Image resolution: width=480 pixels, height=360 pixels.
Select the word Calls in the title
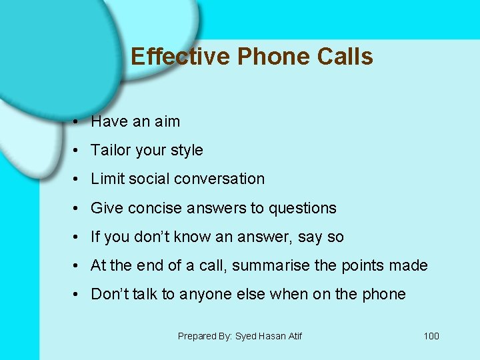pos(345,57)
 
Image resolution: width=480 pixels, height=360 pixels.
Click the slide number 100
pos(431,336)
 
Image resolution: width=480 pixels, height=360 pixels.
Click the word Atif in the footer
pos(293,336)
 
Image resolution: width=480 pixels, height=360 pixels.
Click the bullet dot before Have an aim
pos(78,122)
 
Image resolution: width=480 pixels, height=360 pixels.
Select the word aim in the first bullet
pos(167,121)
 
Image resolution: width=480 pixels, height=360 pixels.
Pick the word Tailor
pos(110,150)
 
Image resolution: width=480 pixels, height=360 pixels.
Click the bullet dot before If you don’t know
pos(78,237)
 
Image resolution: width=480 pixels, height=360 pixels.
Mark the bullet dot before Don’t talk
pos(78,295)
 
